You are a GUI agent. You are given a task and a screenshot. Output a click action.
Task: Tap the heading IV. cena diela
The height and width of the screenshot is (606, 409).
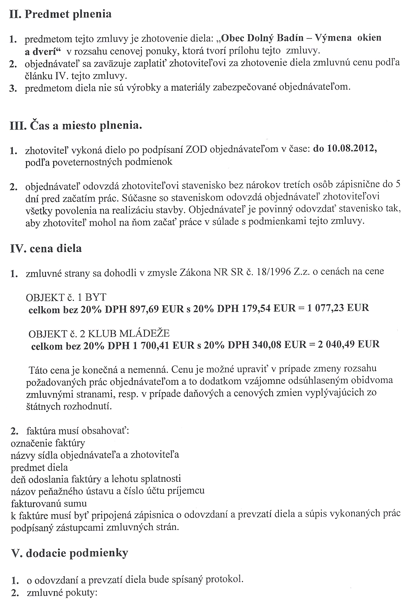point(46,248)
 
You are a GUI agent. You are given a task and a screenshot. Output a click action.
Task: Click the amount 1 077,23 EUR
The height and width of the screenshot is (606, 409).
point(338,308)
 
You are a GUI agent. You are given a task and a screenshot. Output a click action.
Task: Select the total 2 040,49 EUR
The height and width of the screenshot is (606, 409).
point(348,344)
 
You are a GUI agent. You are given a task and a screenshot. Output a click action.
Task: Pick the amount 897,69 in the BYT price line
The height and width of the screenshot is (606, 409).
point(144,309)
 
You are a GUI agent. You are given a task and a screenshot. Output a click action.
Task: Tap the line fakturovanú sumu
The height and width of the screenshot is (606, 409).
point(49,503)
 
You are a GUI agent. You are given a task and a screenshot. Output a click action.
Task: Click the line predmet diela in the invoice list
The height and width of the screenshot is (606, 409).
point(39,467)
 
